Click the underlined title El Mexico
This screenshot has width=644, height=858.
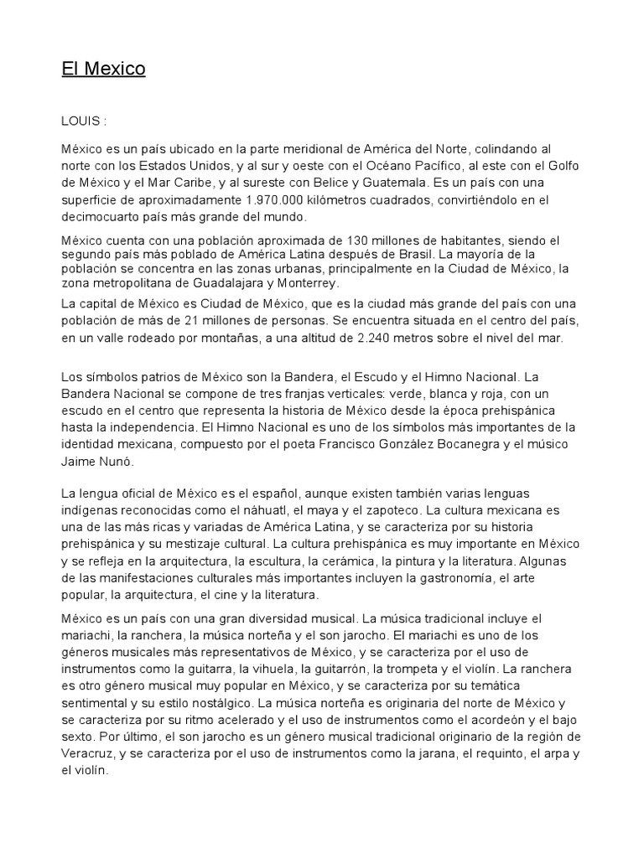coord(103,69)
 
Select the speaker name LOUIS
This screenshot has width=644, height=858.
coord(80,121)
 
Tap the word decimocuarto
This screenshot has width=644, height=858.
coord(101,217)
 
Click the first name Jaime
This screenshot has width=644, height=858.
coord(78,461)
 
